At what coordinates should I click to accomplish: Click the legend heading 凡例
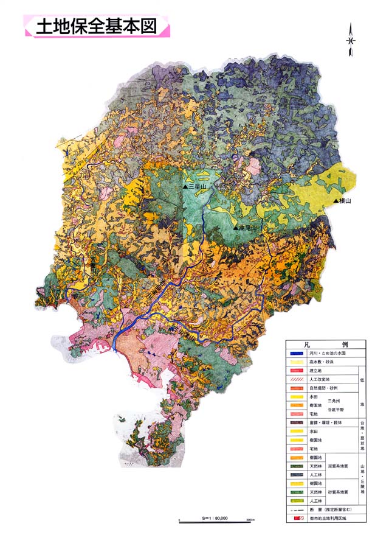click(x=325, y=344)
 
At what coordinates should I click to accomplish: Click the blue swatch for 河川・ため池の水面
click(x=295, y=353)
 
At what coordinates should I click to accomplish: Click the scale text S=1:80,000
click(x=213, y=518)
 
